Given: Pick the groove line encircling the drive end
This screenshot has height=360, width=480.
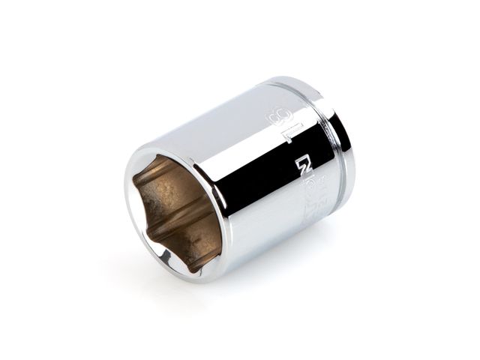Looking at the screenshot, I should click(x=324, y=150).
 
